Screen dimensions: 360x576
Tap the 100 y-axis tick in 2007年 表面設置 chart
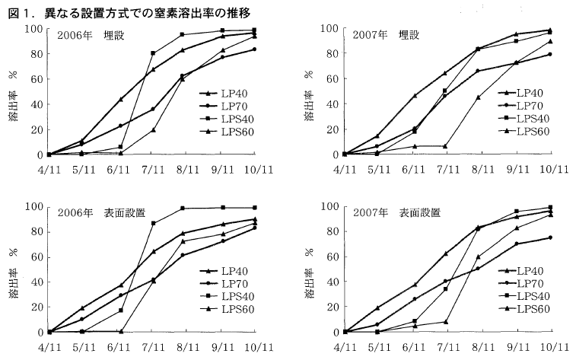tap(330, 206)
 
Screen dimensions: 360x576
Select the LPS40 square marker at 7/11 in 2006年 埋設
tap(154, 53)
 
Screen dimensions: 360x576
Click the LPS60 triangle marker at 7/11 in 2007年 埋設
tap(444, 146)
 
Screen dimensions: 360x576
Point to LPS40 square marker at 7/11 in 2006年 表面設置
tap(154, 223)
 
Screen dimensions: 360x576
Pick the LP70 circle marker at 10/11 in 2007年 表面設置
tap(549, 237)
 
